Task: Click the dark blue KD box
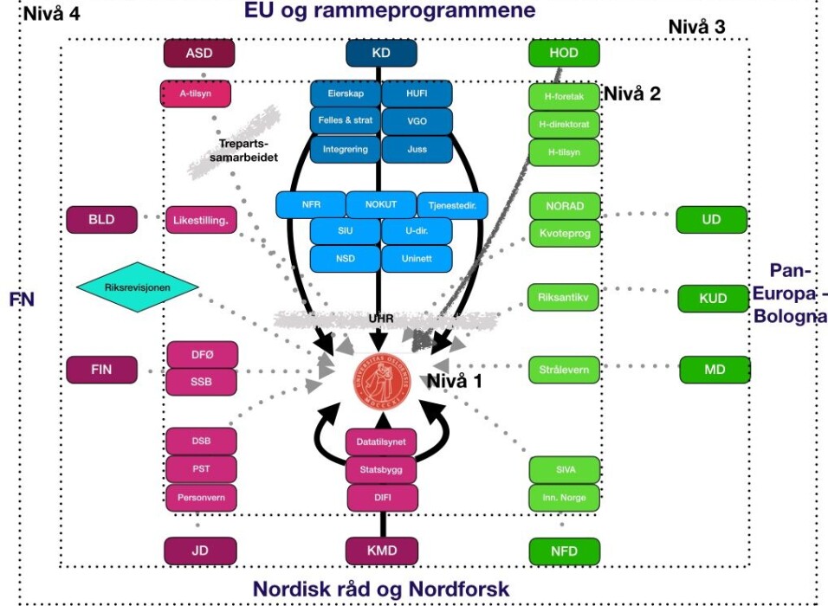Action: (x=381, y=54)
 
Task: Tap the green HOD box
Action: (x=564, y=54)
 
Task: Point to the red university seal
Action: (x=381, y=379)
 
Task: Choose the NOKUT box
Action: (x=381, y=204)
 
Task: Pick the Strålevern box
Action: (x=564, y=370)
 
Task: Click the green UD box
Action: (x=711, y=220)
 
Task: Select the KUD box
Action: (x=711, y=299)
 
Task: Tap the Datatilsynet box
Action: (x=381, y=442)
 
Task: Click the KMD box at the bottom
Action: (x=381, y=549)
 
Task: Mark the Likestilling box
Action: (x=200, y=220)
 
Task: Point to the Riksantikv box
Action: (x=564, y=299)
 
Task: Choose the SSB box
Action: (x=200, y=380)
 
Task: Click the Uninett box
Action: (x=416, y=258)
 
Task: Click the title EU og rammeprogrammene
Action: (x=389, y=10)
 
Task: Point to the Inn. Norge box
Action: (x=564, y=498)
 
